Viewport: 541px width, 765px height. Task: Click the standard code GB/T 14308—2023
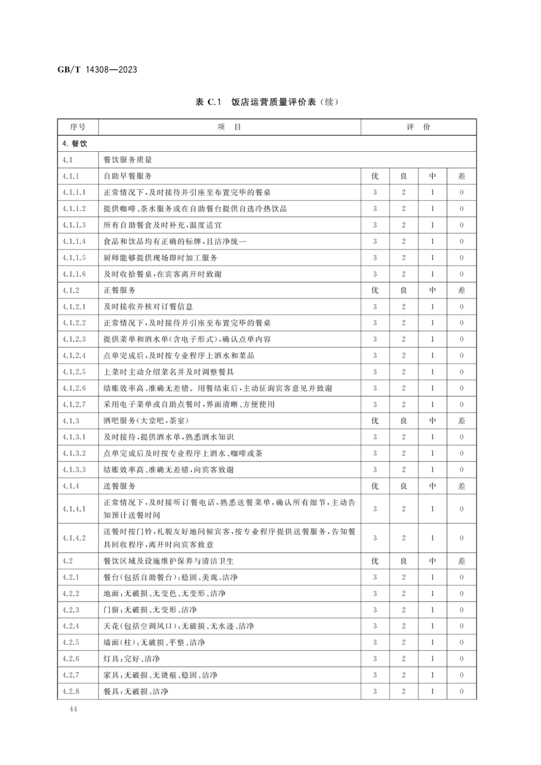97,70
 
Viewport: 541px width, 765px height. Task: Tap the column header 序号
78,127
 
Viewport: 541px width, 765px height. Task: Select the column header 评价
418,127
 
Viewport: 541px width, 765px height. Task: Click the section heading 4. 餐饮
75,143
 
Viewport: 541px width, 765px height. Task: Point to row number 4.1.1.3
74,225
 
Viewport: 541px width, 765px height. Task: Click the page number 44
73,709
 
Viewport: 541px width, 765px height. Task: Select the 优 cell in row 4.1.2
375,290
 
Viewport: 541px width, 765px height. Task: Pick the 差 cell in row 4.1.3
461,421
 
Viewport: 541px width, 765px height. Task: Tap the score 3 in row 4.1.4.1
375,508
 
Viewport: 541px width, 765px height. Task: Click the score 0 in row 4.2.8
461,691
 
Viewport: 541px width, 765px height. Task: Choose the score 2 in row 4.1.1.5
404,258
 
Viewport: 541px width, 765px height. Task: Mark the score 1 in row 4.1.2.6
432,388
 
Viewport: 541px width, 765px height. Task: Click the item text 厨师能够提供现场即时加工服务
160,258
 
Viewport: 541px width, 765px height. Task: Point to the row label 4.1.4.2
74,538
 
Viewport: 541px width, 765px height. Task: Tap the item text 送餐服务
119,486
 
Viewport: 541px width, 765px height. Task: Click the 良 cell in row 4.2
404,561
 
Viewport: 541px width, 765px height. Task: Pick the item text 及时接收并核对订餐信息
148,307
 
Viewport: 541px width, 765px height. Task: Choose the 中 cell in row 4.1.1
432,176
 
